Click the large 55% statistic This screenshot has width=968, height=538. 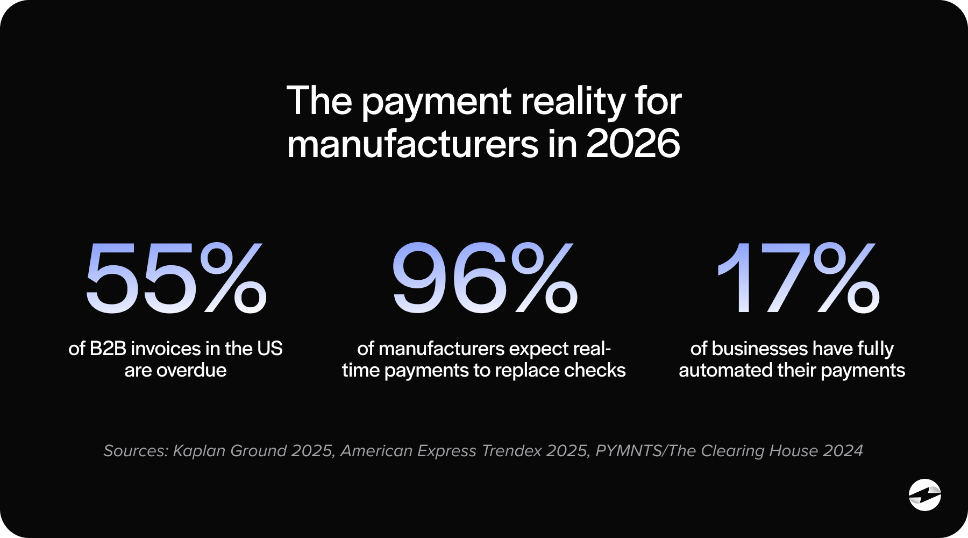click(176, 279)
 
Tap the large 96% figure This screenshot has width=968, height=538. click(484, 279)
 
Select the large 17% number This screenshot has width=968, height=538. click(798, 279)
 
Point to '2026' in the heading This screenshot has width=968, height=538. click(633, 144)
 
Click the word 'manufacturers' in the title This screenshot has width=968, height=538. click(412, 144)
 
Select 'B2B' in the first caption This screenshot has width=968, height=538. click(108, 349)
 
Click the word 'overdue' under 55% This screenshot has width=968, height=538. click(191, 370)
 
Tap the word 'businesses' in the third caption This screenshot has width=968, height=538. click(759, 349)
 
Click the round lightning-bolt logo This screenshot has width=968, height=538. click(924, 494)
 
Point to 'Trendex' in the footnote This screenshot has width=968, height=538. click(511, 451)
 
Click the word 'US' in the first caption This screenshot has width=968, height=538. click(270, 349)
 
